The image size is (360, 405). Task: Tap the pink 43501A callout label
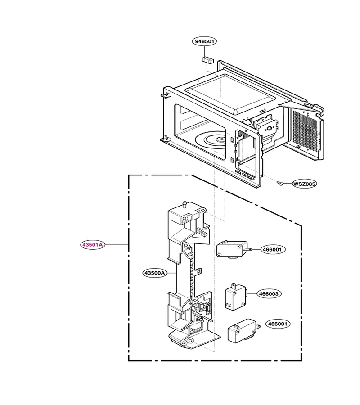[93, 245]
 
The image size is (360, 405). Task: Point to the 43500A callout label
[155, 273]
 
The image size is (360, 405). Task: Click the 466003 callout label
[269, 294]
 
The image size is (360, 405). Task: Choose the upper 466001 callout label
[272, 249]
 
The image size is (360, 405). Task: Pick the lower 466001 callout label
[278, 324]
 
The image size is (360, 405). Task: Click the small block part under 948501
[208, 60]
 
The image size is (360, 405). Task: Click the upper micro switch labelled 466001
[232, 249]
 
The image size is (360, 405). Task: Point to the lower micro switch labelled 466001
[242, 330]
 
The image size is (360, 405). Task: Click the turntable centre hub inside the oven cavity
[221, 139]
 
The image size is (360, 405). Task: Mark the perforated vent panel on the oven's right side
[306, 130]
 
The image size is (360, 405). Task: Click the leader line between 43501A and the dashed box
[117, 245]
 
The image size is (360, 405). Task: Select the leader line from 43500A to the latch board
[172, 273]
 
